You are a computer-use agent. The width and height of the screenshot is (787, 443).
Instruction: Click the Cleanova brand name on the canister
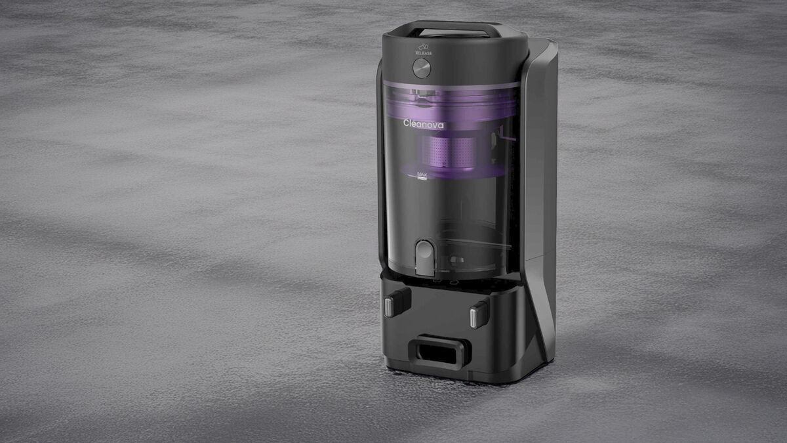[x=423, y=123]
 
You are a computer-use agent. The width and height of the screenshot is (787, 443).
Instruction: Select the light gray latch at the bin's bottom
[x=424, y=257]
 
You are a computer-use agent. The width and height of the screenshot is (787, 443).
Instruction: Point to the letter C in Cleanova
[x=407, y=123]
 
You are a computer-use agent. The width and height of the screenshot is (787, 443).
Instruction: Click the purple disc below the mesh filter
[x=459, y=172]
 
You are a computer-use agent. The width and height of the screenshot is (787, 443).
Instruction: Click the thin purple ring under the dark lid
[x=453, y=85]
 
